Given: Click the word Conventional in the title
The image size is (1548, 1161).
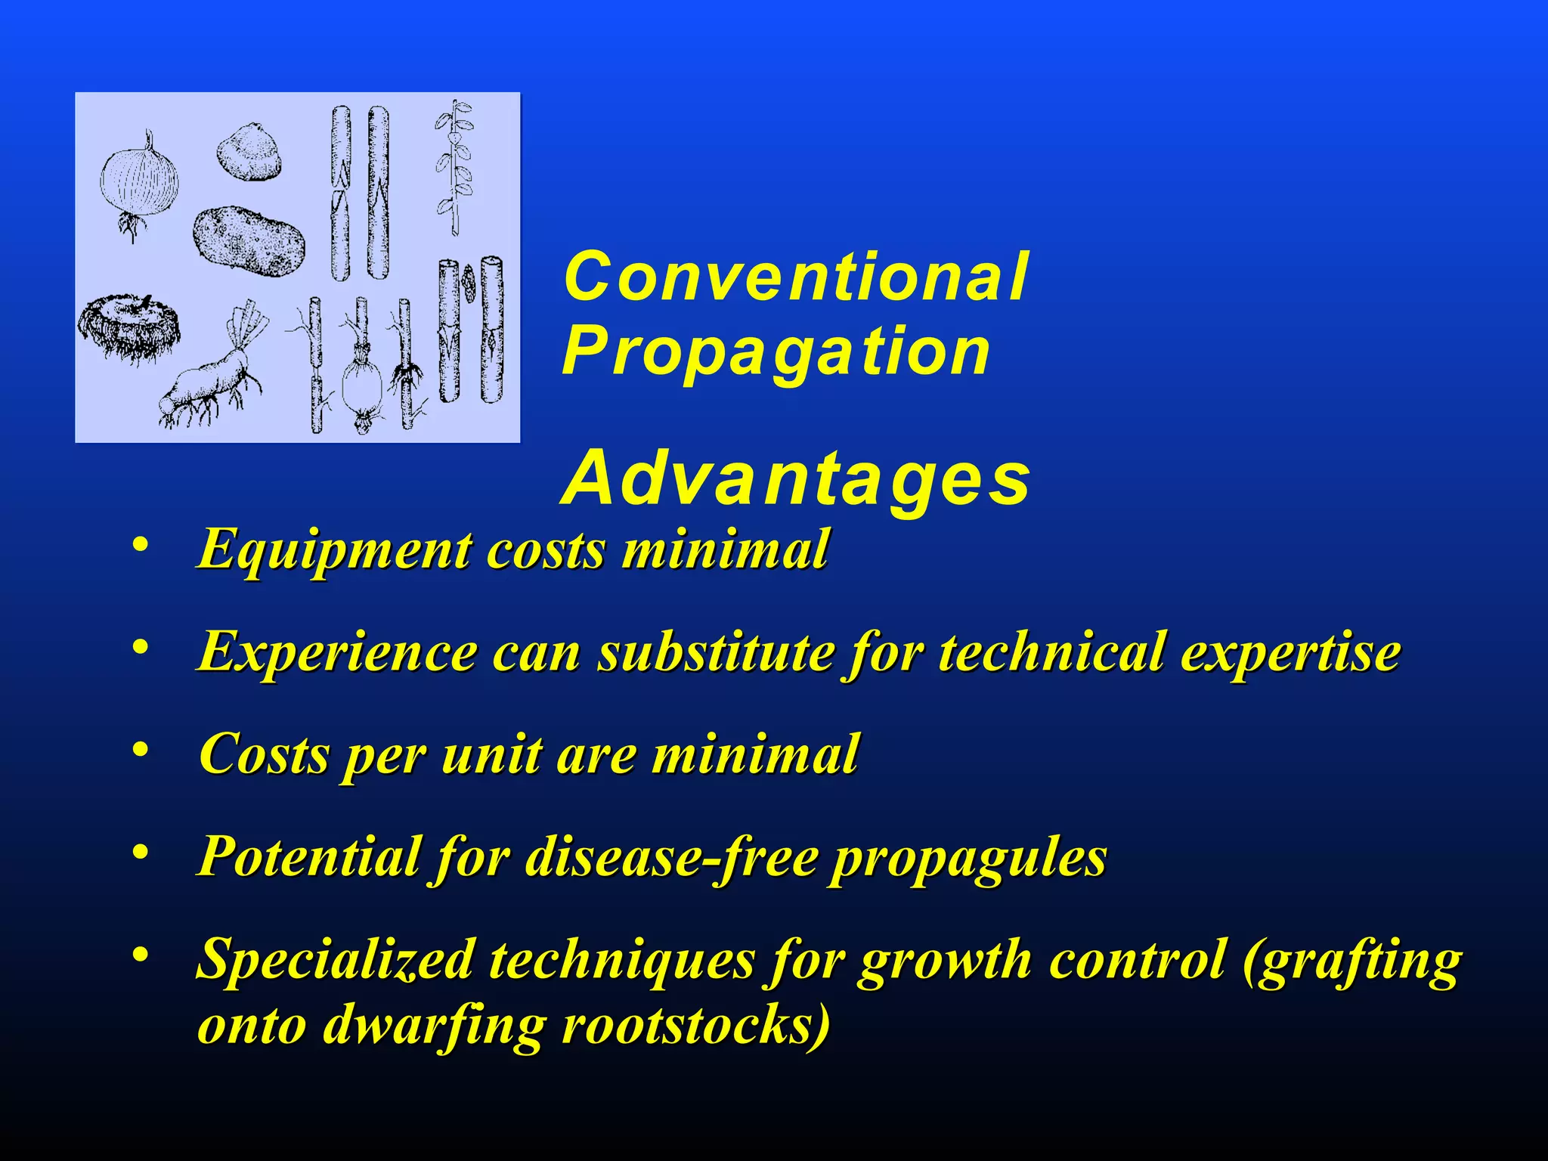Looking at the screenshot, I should [x=795, y=277].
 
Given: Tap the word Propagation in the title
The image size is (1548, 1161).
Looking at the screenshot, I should [x=776, y=352].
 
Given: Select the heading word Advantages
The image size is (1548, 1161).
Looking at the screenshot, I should [x=795, y=479].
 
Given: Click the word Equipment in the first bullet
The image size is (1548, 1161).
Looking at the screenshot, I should [x=333, y=550].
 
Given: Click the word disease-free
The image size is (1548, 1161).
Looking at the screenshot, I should [x=671, y=857].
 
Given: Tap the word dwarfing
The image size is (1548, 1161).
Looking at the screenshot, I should [x=433, y=1026].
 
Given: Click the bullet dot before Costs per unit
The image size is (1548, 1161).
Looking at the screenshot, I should [x=139, y=750].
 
